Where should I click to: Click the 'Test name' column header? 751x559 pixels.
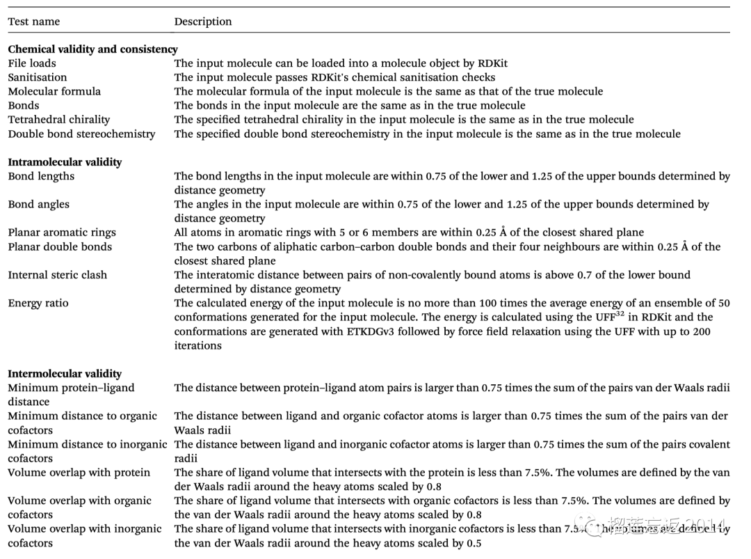coord(34,22)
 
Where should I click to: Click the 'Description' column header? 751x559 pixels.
coord(203,22)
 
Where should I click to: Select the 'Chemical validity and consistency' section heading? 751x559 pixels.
coord(92,49)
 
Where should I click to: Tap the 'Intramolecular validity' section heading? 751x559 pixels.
coord(65,162)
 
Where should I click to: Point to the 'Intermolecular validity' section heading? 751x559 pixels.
coord(65,374)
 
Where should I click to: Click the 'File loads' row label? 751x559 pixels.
coord(31,63)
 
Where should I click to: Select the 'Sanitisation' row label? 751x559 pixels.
coord(38,77)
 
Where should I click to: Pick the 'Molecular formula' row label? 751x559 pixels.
coord(54,91)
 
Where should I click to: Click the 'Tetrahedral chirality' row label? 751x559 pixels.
coord(59,120)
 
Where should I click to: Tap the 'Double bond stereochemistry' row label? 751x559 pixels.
coord(81,134)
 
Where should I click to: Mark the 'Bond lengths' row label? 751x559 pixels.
coord(41,176)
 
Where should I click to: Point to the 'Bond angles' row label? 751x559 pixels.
coord(39,205)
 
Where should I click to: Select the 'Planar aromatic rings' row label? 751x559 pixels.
coord(62,233)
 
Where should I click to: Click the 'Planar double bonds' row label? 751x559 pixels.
coord(60,246)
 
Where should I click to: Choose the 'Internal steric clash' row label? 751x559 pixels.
coord(58,275)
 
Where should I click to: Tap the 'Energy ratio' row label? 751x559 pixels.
coord(38,303)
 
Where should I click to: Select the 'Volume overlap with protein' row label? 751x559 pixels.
coord(79,473)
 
